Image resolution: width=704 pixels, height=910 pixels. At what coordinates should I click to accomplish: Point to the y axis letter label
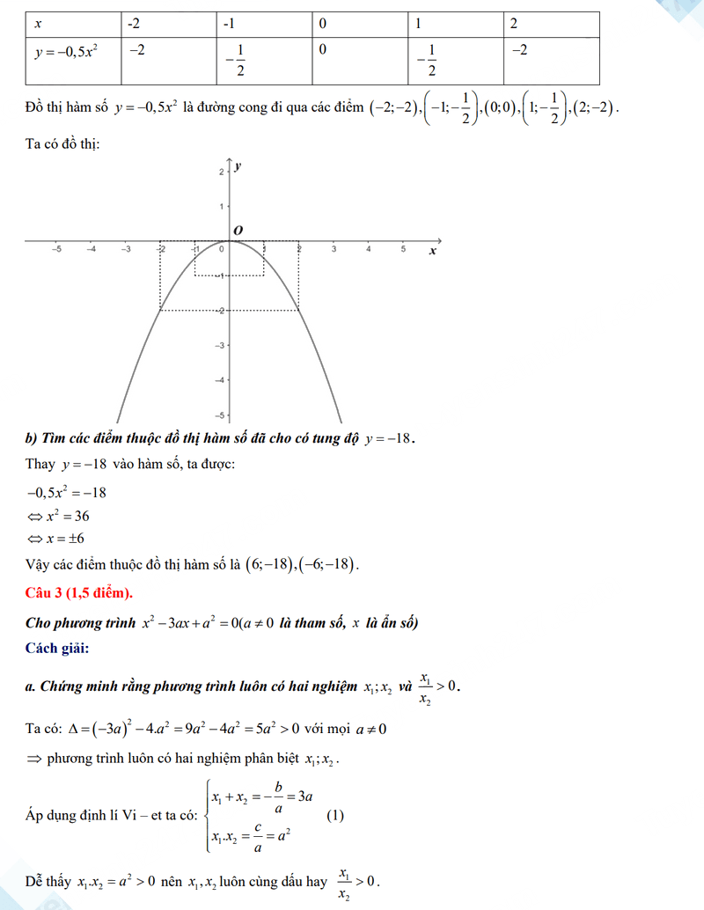point(238,165)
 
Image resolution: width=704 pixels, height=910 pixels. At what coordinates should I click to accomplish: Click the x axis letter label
point(432,252)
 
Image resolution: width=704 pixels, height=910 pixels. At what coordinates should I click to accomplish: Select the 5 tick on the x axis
point(403,251)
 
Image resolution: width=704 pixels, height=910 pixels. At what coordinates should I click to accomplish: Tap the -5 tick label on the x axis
point(56,251)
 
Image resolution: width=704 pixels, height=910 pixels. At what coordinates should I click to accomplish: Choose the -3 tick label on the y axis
point(221,345)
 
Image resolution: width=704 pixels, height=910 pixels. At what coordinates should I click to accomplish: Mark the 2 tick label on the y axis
point(222,172)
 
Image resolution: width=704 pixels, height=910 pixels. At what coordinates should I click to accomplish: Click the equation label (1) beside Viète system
point(335,816)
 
